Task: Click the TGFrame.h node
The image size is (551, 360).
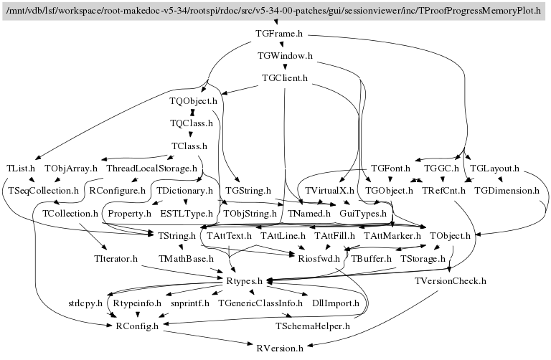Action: coord(278,34)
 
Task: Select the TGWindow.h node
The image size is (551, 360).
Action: coord(285,56)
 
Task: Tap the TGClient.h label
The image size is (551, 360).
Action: coord(285,78)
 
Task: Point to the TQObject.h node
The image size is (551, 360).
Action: coord(193,101)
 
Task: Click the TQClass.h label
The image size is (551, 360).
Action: coord(192,123)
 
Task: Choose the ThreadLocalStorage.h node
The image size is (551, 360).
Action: coord(152,169)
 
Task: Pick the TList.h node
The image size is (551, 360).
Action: coord(21,169)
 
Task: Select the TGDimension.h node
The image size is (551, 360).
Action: coord(507,191)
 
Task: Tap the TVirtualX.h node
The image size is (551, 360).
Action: coord(330,191)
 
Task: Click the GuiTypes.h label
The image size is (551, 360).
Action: coord(363,214)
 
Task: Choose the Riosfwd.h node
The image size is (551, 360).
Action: coord(314,258)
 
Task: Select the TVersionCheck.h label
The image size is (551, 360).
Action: coord(451,281)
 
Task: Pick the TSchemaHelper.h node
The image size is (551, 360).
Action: coord(312,326)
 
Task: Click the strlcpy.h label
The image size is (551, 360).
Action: coord(86,303)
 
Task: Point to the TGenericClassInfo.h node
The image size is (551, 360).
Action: coord(260,303)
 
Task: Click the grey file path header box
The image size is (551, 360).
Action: coord(275,11)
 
